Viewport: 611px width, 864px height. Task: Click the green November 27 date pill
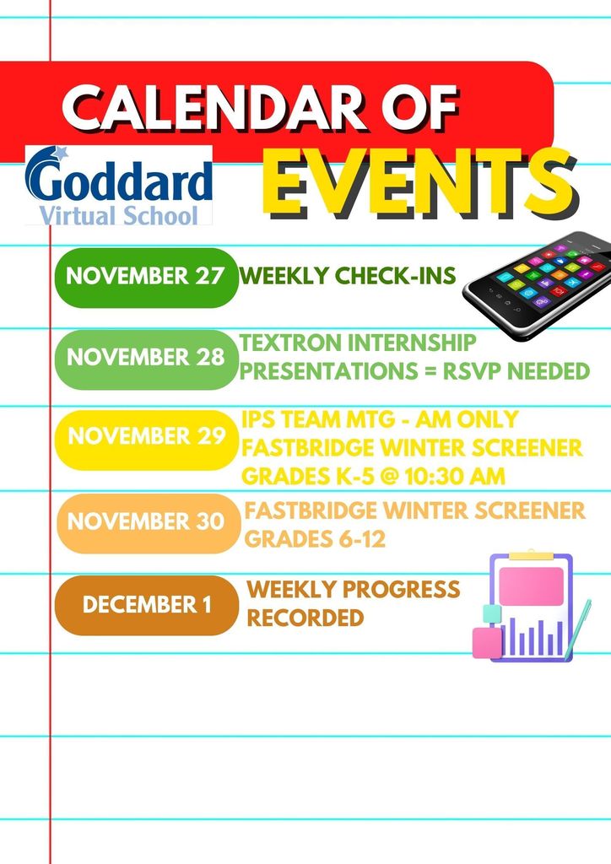pyautogui.click(x=147, y=277)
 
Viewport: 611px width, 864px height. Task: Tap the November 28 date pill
pyautogui.click(x=147, y=359)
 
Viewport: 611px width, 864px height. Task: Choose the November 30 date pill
pyautogui.click(x=149, y=523)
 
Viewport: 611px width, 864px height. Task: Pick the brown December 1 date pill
pyautogui.click(x=147, y=605)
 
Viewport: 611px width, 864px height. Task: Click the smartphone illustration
pyautogui.click(x=538, y=285)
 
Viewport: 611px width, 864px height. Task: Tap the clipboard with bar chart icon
pyautogui.click(x=531, y=606)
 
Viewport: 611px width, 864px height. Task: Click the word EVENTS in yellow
pyautogui.click(x=419, y=181)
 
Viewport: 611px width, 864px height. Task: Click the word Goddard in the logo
pyautogui.click(x=118, y=181)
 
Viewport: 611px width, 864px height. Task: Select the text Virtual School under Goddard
pyautogui.click(x=118, y=215)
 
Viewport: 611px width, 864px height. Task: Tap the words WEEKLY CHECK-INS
pyautogui.click(x=348, y=276)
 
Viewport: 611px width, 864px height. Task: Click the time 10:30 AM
pyautogui.click(x=455, y=476)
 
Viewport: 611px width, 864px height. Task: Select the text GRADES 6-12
pyautogui.click(x=315, y=539)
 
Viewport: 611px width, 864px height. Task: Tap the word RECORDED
pyautogui.click(x=305, y=618)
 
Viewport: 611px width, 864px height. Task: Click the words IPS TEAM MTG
pyautogui.click(x=317, y=420)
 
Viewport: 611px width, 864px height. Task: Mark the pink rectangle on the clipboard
pyautogui.click(x=531, y=586)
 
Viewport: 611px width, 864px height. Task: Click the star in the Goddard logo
pyautogui.click(x=60, y=152)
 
